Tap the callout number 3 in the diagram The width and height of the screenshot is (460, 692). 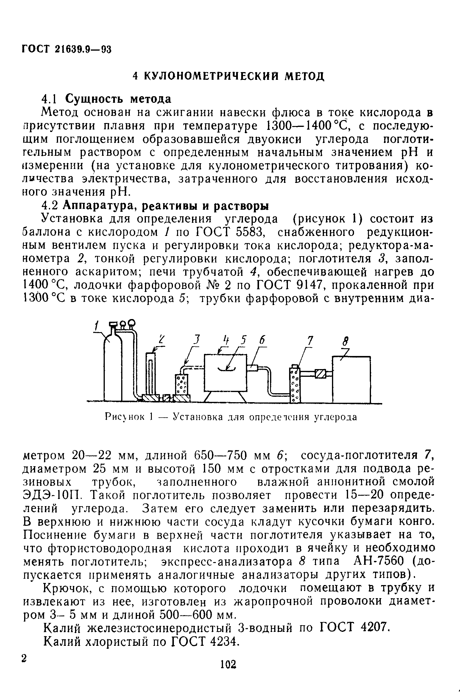197,340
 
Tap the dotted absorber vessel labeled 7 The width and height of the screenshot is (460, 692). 295,384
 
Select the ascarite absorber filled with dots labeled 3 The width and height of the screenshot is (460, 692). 182,384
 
